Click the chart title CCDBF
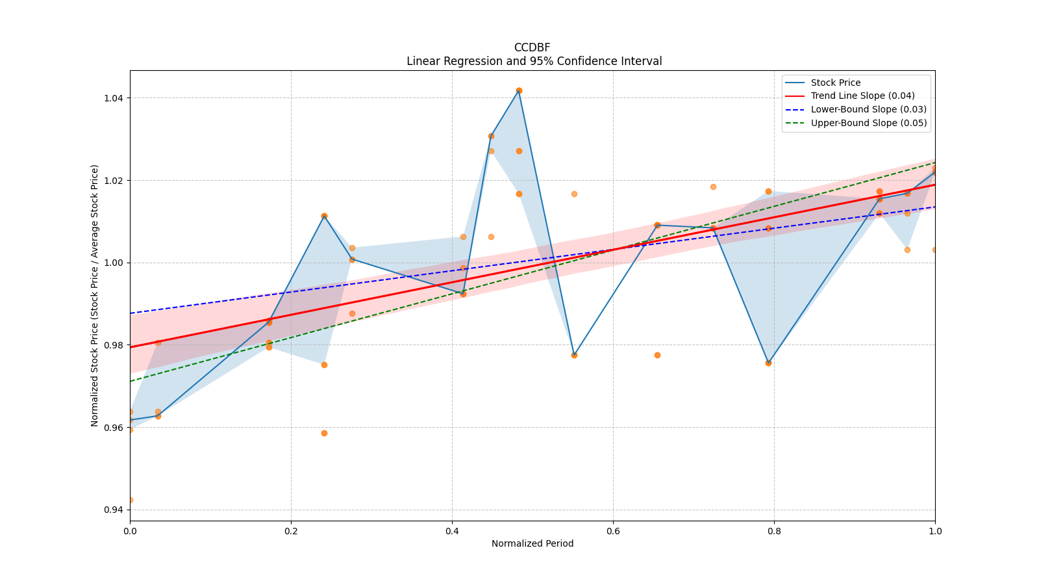pyautogui.click(x=532, y=47)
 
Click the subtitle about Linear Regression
pyautogui.click(x=534, y=61)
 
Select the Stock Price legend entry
pyautogui.click(x=835, y=83)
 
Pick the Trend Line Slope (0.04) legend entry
pyautogui.click(x=862, y=96)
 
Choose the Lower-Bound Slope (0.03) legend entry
pyautogui.click(x=868, y=109)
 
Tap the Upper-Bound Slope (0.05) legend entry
pyautogui.click(x=868, y=123)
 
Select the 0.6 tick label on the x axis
pyautogui.click(x=613, y=531)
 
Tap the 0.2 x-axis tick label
pyautogui.click(x=291, y=531)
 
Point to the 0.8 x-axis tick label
pyautogui.click(x=774, y=531)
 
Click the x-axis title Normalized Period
pyautogui.click(x=532, y=543)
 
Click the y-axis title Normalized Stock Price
pyautogui.click(x=95, y=295)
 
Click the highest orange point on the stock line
pyautogui.click(x=519, y=90)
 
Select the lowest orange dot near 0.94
pyautogui.click(x=130, y=500)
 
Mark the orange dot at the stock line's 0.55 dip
pyautogui.click(x=574, y=355)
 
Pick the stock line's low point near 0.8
pyautogui.click(x=768, y=363)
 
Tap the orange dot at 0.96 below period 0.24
pyautogui.click(x=324, y=433)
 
